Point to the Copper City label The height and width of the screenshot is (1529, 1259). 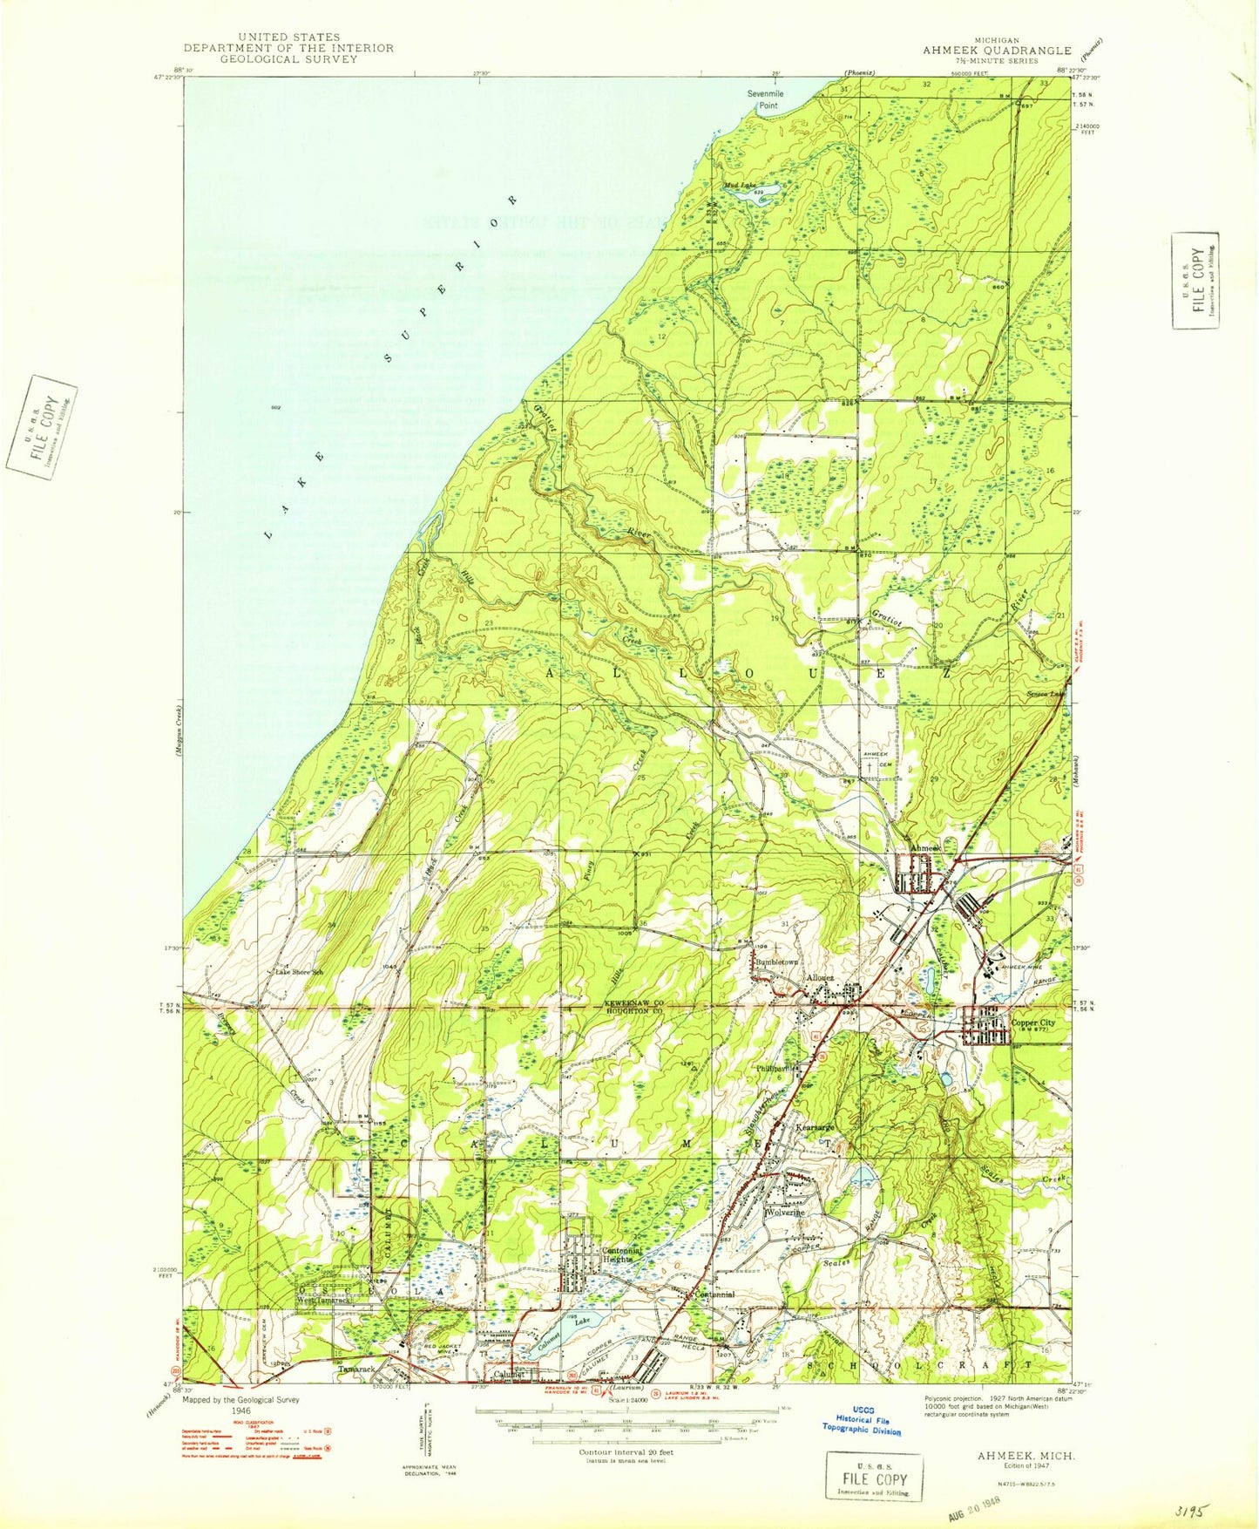(1032, 1023)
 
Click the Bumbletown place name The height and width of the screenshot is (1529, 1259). (776, 962)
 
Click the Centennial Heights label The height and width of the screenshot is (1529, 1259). (622, 1254)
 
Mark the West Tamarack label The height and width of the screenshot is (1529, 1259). (322, 1301)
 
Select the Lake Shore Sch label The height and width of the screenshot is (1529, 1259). (299, 971)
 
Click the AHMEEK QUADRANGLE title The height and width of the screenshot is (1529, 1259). (997, 51)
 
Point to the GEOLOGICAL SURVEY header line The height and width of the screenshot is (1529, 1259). (288, 59)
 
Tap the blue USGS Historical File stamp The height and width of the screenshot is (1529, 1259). (862, 1424)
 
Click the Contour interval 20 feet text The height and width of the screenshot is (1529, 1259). (626, 1452)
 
